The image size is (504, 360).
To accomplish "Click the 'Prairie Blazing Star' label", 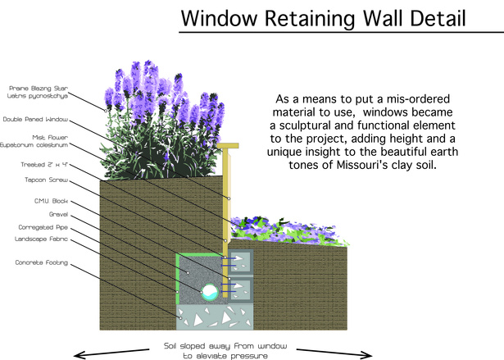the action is (x=39, y=88).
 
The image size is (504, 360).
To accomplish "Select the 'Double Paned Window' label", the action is (x=35, y=120).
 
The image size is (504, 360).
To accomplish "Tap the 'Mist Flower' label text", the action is (x=50, y=138).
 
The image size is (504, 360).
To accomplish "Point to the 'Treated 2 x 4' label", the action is (x=44, y=165).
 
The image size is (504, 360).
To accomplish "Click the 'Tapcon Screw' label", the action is (x=47, y=180).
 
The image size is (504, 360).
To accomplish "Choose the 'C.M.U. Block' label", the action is (x=51, y=201).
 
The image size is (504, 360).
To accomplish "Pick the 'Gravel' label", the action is (x=58, y=214).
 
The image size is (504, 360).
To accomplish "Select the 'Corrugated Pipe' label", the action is (x=43, y=227).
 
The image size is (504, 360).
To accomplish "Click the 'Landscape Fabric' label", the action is (x=41, y=239).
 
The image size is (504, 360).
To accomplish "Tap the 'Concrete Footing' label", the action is (x=42, y=262).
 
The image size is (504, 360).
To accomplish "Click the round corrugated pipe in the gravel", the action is (x=210, y=292).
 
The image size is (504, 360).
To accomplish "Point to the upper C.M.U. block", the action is (x=240, y=262).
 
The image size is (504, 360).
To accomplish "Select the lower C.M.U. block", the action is (x=240, y=289).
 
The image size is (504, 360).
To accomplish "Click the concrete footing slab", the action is (x=215, y=317).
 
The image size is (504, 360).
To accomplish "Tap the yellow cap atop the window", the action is (x=228, y=146).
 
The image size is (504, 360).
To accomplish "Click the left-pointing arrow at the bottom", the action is (x=111, y=353).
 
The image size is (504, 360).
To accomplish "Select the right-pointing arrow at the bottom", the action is (x=334, y=353).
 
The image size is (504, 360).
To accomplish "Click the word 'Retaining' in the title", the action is (x=309, y=18).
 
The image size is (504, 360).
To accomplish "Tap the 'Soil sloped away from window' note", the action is (x=225, y=346).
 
